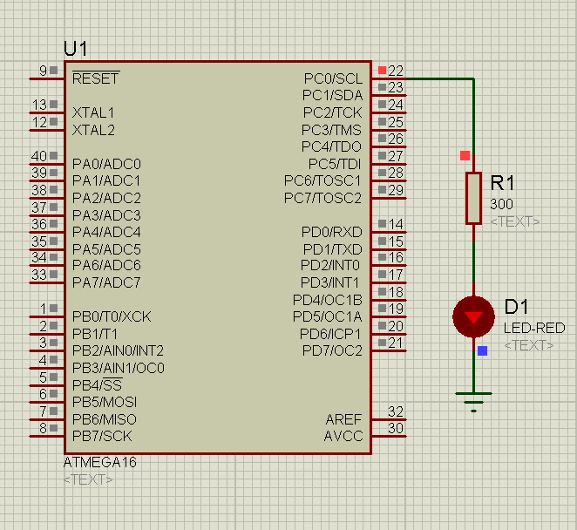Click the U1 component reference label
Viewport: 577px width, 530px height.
click(76, 48)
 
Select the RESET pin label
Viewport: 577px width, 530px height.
click(95, 78)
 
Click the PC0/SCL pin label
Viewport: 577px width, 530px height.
click(333, 78)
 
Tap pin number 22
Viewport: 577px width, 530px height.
click(396, 71)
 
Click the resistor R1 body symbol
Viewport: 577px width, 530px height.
click(473, 198)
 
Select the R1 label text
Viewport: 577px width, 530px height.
click(503, 183)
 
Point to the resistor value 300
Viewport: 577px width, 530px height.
click(501, 204)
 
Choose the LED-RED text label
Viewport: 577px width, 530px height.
click(533, 328)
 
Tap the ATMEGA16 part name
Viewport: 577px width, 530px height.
click(99, 462)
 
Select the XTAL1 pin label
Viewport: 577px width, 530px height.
click(93, 112)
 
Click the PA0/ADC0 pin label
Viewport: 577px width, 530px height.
click(106, 163)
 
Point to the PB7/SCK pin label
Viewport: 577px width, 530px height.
click(102, 436)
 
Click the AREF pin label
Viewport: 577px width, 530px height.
click(343, 419)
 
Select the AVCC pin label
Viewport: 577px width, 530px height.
click(343, 436)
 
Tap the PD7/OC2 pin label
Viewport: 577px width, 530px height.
click(331, 350)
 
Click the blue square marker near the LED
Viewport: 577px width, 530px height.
click(482, 350)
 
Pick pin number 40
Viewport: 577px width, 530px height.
click(39, 156)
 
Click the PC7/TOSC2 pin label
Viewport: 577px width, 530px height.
click(322, 198)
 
